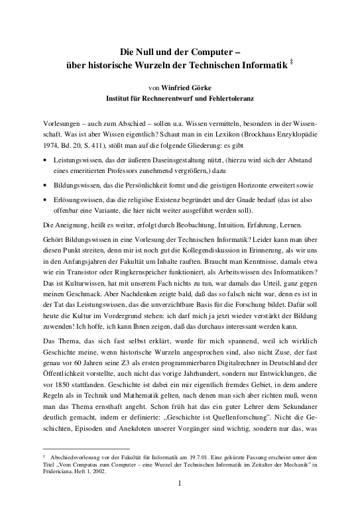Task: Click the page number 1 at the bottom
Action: point(180,502)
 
